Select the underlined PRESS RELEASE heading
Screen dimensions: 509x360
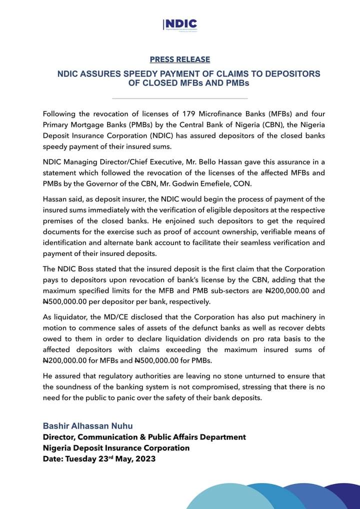(180, 59)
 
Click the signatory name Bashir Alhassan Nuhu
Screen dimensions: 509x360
(87, 426)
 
